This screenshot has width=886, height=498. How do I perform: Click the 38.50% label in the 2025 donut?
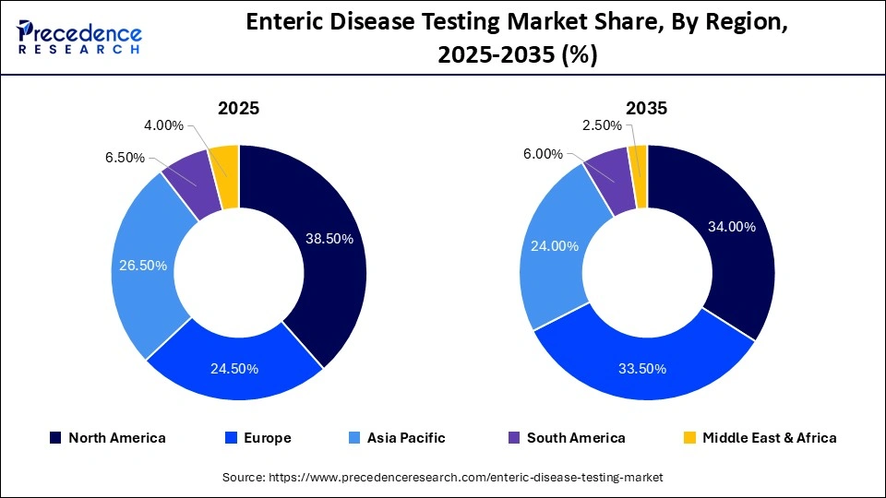[x=329, y=238]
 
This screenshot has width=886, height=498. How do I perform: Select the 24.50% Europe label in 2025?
[x=234, y=369]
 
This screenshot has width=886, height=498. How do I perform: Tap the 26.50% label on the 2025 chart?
[x=143, y=266]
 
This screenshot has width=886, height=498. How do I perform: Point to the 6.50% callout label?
[x=125, y=158]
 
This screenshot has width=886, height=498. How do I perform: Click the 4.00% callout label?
[x=163, y=125]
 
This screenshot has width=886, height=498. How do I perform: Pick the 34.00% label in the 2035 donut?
[x=731, y=227]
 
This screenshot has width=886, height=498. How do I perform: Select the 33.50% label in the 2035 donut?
[x=641, y=369]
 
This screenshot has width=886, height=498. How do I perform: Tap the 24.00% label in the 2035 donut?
[x=555, y=246]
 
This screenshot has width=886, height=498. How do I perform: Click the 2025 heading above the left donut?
[x=238, y=108]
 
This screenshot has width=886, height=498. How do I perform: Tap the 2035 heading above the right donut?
[x=646, y=108]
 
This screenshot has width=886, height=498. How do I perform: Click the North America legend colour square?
[x=55, y=438]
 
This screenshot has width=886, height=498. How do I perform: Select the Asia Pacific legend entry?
[x=398, y=438]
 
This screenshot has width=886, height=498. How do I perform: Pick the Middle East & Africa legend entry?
[x=759, y=438]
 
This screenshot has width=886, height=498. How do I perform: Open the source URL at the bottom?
[x=443, y=477]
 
